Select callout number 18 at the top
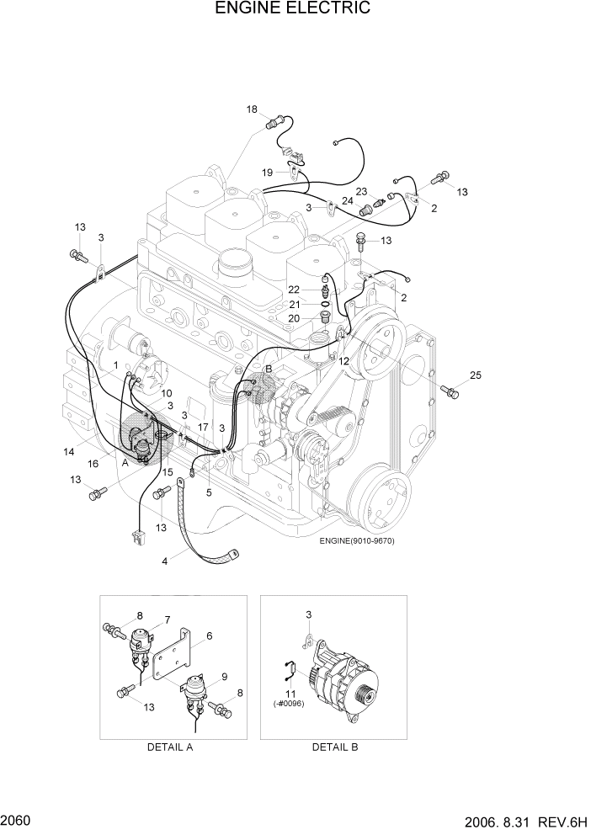pos(252,109)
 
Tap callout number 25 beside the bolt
pos(476,375)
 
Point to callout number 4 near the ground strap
pos(165,561)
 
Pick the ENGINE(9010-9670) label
pos(357,540)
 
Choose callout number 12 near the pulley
pos(343,361)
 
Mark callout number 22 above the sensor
pos(294,290)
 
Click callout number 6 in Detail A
pos(209,636)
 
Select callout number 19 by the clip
pos(267,173)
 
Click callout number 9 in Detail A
pos(225,676)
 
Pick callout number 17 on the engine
pos(203,428)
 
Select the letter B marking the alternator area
pos(269,369)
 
